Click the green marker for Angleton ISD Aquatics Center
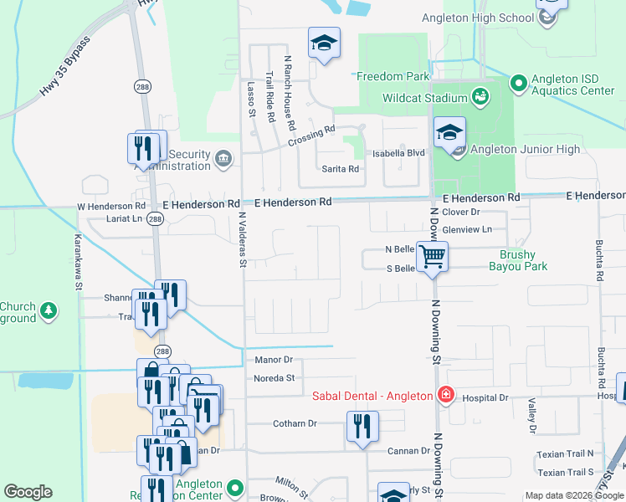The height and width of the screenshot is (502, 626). tap(518, 83)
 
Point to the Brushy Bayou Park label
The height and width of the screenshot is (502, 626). tap(523, 260)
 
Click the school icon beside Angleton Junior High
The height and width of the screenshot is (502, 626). tap(449, 132)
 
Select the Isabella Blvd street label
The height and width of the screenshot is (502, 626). tap(405, 153)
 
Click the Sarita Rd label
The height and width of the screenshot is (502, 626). tap(341, 168)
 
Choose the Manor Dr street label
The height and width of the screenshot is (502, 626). tap(273, 360)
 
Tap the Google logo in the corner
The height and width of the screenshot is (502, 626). tap(28, 492)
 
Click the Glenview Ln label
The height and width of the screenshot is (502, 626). tap(474, 228)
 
